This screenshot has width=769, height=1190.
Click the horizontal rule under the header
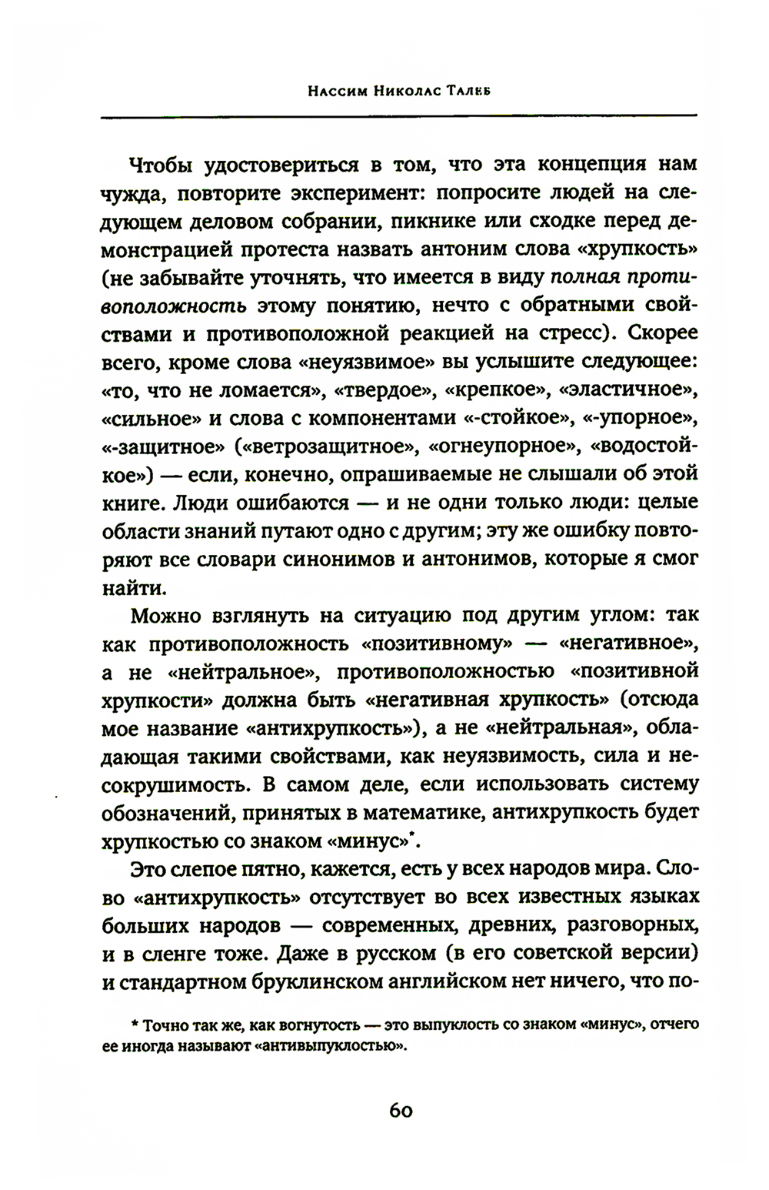398,115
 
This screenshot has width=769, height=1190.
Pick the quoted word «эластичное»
629,389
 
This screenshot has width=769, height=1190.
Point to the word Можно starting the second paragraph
168,615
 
